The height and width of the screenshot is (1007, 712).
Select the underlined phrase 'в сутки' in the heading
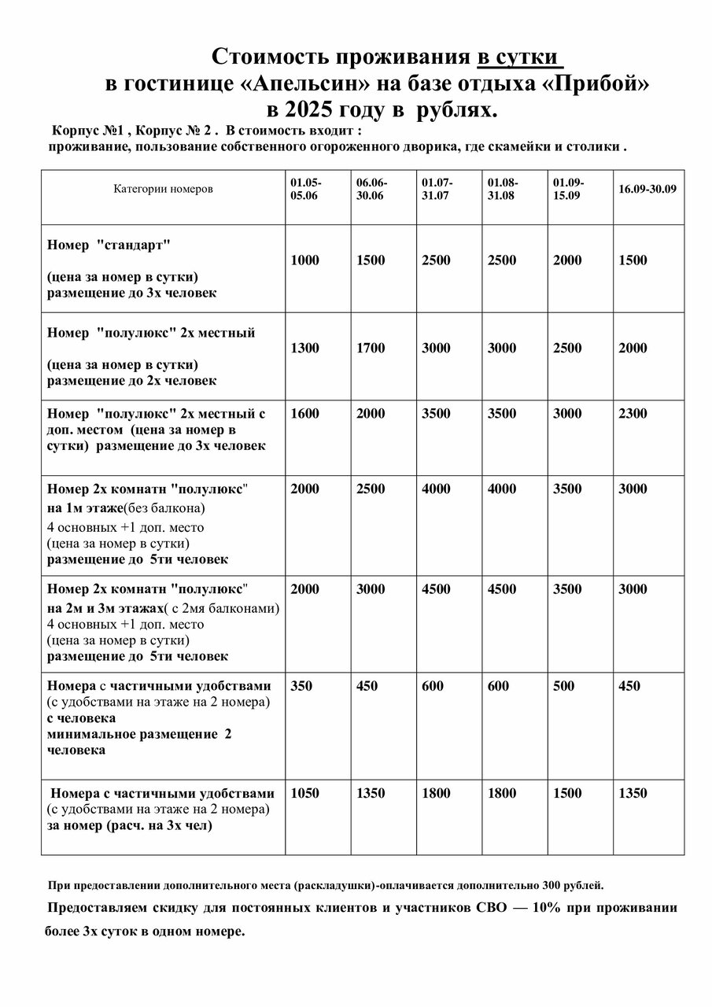520,57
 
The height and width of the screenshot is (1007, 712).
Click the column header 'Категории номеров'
163,190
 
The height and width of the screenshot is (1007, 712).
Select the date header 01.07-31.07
437,190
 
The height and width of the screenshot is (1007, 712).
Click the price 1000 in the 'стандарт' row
305,260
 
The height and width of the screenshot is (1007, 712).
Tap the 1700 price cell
371,349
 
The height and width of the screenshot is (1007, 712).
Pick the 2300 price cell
633,414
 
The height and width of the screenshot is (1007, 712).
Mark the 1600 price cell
305,414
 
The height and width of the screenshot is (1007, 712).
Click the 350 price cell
301,686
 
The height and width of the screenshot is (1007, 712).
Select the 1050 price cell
305,793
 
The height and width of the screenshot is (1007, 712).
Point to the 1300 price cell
305,349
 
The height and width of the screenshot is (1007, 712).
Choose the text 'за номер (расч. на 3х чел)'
130,825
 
